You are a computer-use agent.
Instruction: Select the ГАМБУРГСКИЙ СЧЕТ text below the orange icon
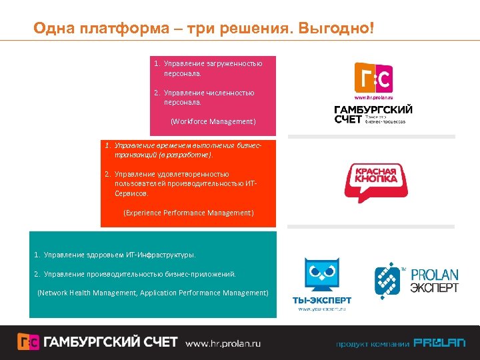[373, 114]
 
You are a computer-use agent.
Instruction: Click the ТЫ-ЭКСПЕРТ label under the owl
[322, 301]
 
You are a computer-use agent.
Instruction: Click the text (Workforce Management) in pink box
[213, 122]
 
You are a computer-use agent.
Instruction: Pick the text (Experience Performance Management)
[189, 213]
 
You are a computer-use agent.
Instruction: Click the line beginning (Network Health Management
[153, 293]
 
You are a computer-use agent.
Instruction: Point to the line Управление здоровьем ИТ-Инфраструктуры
[115, 255]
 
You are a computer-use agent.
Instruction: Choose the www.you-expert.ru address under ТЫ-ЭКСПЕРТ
[322, 309]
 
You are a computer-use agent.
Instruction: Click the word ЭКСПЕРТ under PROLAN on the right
[434, 288]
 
